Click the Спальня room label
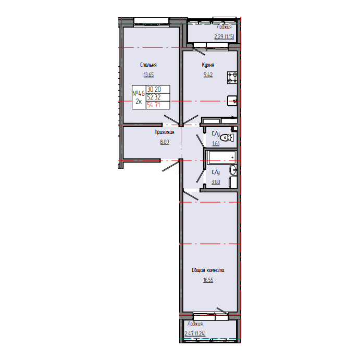pyautogui.click(x=148, y=65)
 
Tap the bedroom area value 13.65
pyautogui.click(x=148, y=75)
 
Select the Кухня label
pyautogui.click(x=208, y=65)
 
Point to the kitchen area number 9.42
pyautogui.click(x=208, y=75)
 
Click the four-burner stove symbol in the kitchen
pyautogui.click(x=232, y=78)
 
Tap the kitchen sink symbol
pyautogui.click(x=232, y=101)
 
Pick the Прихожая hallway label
pyautogui.click(x=165, y=132)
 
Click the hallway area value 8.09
pyautogui.click(x=165, y=142)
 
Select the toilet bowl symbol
pyautogui.click(x=227, y=138)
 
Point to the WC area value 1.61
pyautogui.click(x=216, y=143)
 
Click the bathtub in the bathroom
pyautogui.click(x=222, y=157)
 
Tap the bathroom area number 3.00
pyautogui.click(x=216, y=182)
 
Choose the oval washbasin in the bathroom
pyautogui.click(x=233, y=170)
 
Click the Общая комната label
pyautogui.click(x=208, y=270)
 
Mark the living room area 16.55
pyautogui.click(x=208, y=280)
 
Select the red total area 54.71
pyautogui.click(x=154, y=105)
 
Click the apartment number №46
pyautogui.click(x=139, y=93)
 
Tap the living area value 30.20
pyautogui.click(x=154, y=89)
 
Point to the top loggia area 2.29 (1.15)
pyautogui.click(x=224, y=36)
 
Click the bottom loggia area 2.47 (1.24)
pyautogui.click(x=195, y=333)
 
